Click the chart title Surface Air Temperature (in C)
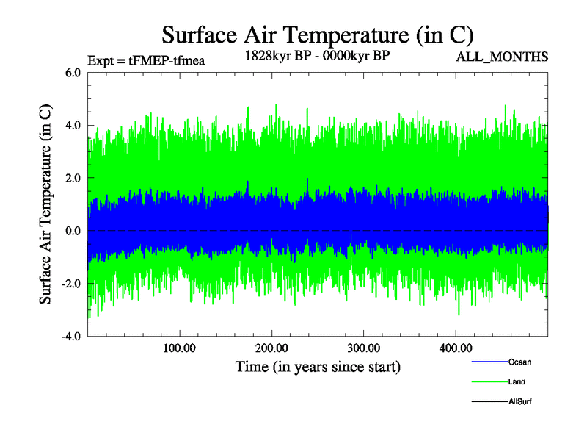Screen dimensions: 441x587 click(318, 35)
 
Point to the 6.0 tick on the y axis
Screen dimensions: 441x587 click(73, 73)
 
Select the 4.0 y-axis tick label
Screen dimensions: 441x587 click(73, 126)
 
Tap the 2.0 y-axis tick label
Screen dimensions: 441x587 click(73, 179)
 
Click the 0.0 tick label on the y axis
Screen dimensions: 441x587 click(73, 232)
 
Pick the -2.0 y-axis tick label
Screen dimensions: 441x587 click(70, 284)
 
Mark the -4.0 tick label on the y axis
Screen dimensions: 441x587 click(70, 337)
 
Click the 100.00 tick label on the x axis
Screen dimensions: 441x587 click(179, 349)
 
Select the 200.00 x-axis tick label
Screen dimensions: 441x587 click(271, 349)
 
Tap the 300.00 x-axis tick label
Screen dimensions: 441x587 click(363, 349)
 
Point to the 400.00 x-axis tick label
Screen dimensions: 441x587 click(455, 349)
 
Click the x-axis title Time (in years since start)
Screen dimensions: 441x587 click(318, 366)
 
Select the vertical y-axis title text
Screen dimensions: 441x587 click(45, 205)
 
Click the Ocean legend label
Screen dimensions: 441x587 click(519, 362)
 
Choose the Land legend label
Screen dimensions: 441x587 click(517, 382)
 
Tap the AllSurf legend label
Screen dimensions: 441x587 click(520, 402)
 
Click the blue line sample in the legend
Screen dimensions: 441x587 click(489, 362)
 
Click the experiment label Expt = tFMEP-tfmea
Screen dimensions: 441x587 click(145, 60)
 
